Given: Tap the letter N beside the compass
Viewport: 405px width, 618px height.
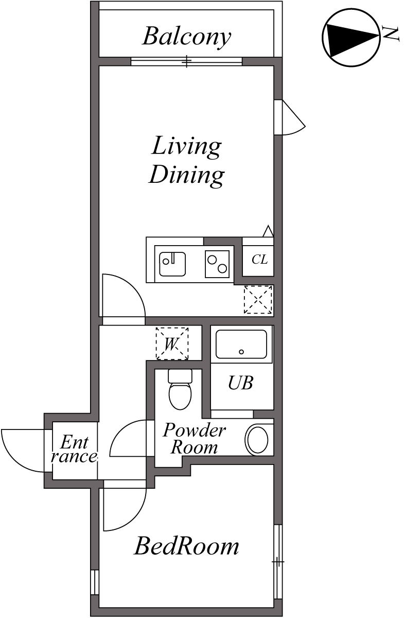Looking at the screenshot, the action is (x=391, y=34).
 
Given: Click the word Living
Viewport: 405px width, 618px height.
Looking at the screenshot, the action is (x=186, y=147).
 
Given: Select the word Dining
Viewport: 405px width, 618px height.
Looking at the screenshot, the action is (x=186, y=175).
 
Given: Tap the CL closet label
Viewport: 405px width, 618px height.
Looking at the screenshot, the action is (x=259, y=260).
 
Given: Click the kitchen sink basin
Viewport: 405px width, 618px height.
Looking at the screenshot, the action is (x=172, y=264).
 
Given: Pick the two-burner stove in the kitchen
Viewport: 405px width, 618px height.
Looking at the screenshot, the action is (x=217, y=264).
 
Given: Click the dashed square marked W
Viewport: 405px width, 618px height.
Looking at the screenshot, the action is (x=172, y=344).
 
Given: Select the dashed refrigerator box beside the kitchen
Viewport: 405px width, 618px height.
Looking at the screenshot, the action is (x=258, y=300).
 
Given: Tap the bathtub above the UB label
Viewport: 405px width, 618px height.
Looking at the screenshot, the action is (x=241, y=345).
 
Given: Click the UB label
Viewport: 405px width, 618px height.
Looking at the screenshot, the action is (x=240, y=383).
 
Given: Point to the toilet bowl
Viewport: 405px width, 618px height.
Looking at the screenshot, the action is (x=180, y=396).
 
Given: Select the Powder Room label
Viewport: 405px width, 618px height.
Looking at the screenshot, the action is (x=195, y=439).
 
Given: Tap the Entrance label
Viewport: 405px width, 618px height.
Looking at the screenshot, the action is (x=74, y=450).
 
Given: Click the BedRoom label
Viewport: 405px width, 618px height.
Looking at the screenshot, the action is (x=186, y=546).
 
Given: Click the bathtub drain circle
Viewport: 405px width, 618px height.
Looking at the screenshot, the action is (x=241, y=352).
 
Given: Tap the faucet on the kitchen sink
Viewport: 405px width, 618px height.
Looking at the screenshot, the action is (x=173, y=257).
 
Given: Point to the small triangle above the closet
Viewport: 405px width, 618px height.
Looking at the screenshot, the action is (x=268, y=231).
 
